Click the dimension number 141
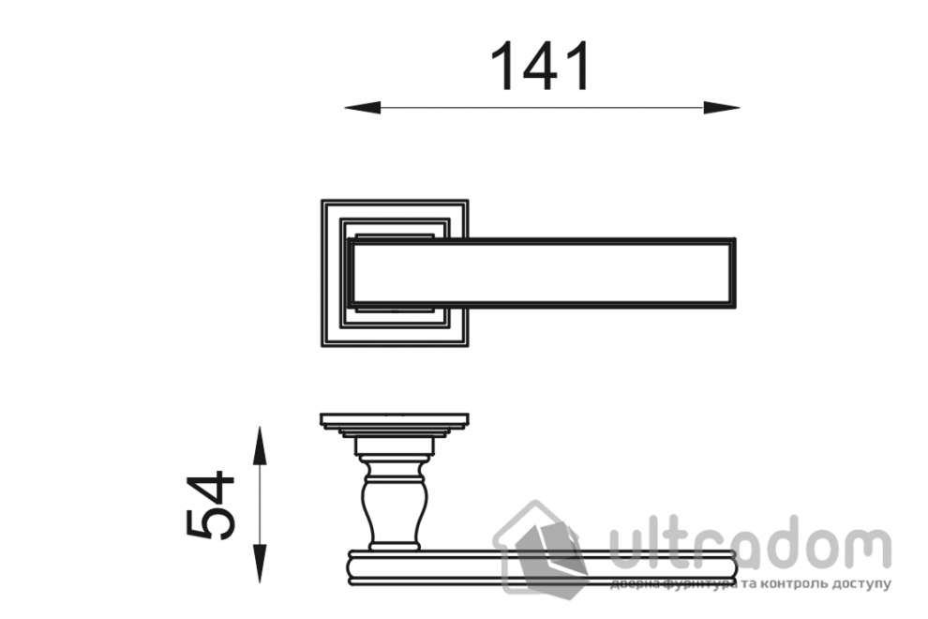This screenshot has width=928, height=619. pyautogui.click(x=540, y=66)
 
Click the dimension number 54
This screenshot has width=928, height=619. pyautogui.click(x=211, y=505)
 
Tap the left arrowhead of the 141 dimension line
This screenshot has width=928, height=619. pyautogui.click(x=362, y=108)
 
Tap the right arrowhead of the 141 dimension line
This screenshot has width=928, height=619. pyautogui.click(x=722, y=108)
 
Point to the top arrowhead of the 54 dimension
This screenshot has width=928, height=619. pyautogui.click(x=259, y=445)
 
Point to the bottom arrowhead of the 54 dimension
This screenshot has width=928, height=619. pyautogui.click(x=259, y=564)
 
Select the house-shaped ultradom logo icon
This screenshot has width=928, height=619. pyautogui.click(x=541, y=547)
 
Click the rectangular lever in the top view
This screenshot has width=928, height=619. pyautogui.click(x=542, y=273)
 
